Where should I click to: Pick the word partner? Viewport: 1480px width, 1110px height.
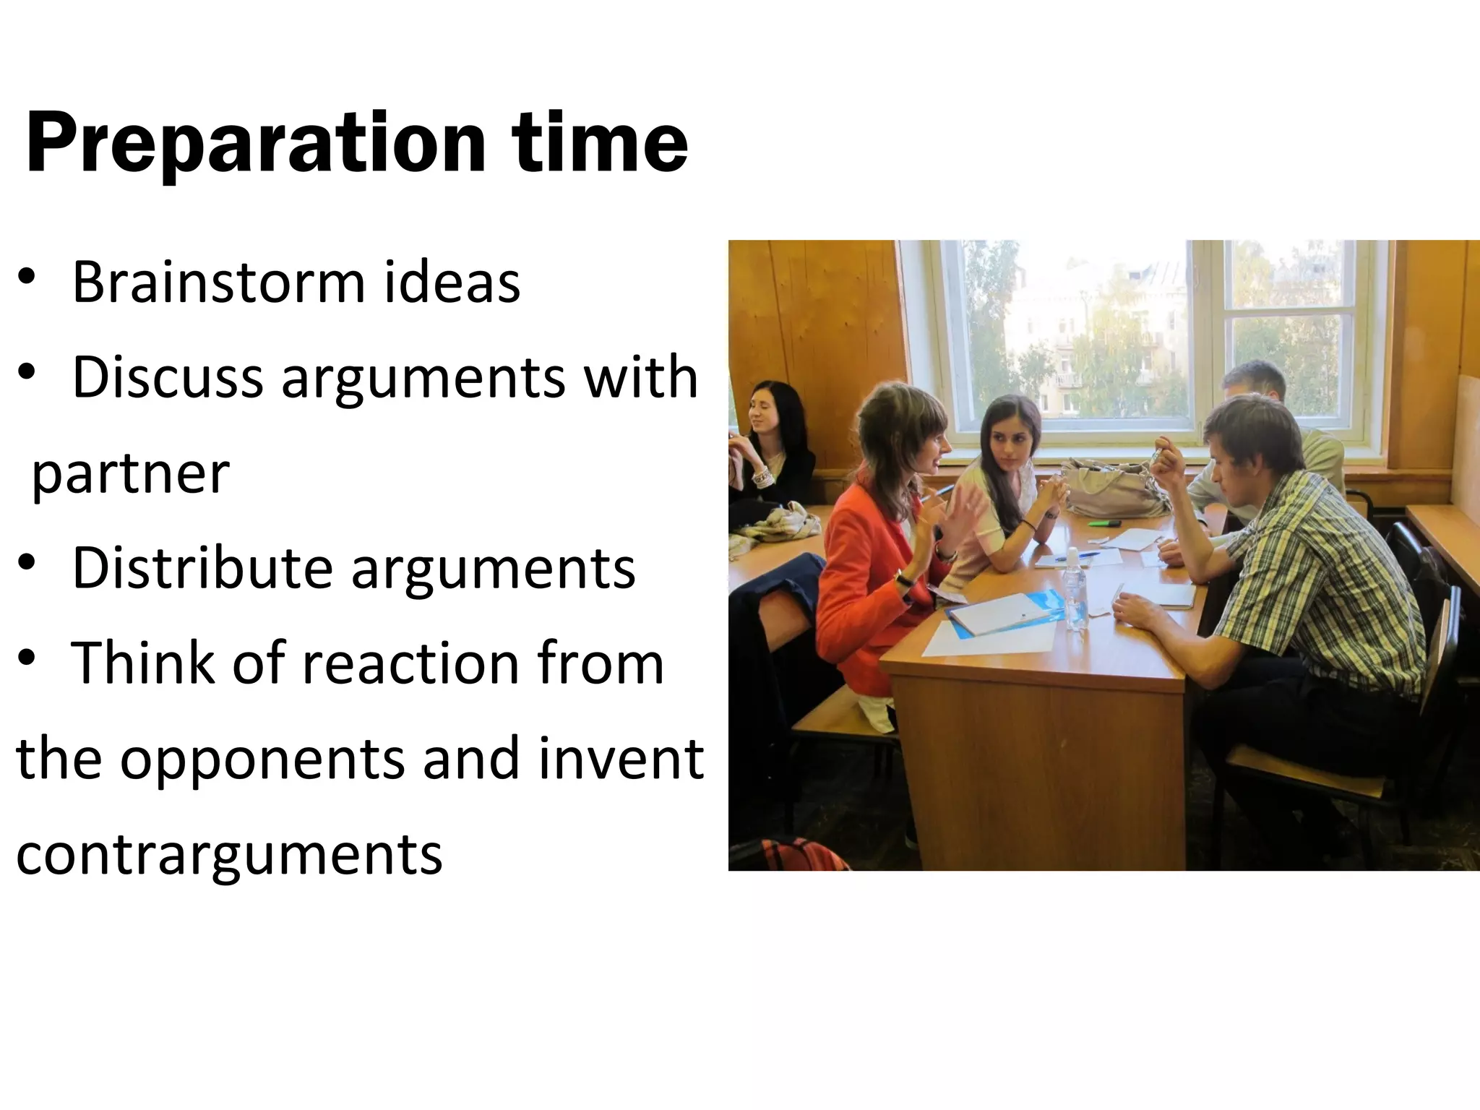[130, 474]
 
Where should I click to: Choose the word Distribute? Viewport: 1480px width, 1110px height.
[202, 568]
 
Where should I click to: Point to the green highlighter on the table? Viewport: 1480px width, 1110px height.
[1103, 522]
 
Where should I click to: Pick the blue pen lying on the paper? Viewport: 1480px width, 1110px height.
[1076, 556]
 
